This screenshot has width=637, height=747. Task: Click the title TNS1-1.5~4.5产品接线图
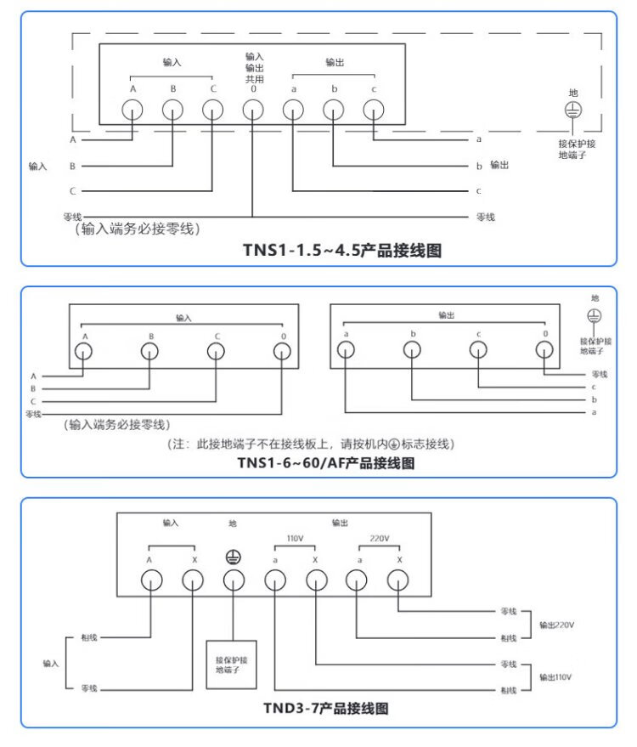pyautogui.click(x=341, y=251)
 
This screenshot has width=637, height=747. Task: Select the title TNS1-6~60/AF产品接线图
pyautogui.click(x=326, y=463)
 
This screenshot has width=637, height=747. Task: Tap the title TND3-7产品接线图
pyautogui.click(x=326, y=707)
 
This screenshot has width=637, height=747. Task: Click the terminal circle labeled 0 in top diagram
pyautogui.click(x=252, y=110)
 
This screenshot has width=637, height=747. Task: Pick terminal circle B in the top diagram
pyautogui.click(x=172, y=110)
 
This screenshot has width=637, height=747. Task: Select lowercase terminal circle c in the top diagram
pyautogui.click(x=373, y=110)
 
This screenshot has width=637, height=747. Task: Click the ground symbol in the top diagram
pyautogui.click(x=573, y=110)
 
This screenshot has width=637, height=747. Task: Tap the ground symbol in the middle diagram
pyautogui.click(x=595, y=315)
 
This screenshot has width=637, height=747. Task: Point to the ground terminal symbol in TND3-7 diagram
pyautogui.click(x=234, y=557)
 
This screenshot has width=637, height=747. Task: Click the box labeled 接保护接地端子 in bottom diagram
pyautogui.click(x=233, y=665)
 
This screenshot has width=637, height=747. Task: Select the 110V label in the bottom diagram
pyautogui.click(x=295, y=539)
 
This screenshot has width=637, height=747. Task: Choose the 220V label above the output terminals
pyautogui.click(x=379, y=539)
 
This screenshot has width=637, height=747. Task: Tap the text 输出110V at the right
pyautogui.click(x=556, y=676)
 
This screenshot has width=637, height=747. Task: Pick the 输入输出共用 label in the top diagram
pyautogui.click(x=254, y=67)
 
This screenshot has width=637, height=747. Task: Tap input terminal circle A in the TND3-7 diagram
pyautogui.click(x=150, y=580)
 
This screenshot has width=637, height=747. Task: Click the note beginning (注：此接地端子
pyautogui.click(x=310, y=444)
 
